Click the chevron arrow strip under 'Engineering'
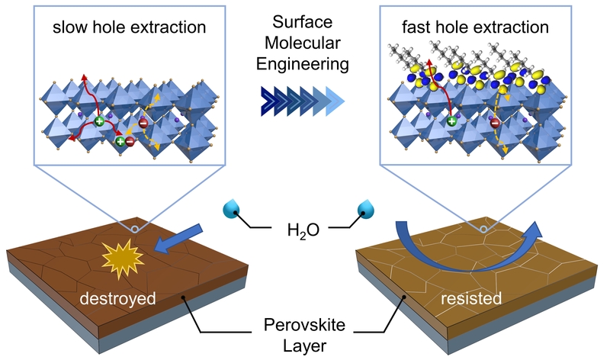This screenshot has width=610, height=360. point(298,100)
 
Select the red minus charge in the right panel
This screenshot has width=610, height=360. point(494,122)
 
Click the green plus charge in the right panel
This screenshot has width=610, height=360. point(452,121)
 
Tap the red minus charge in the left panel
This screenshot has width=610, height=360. point(130,140)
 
